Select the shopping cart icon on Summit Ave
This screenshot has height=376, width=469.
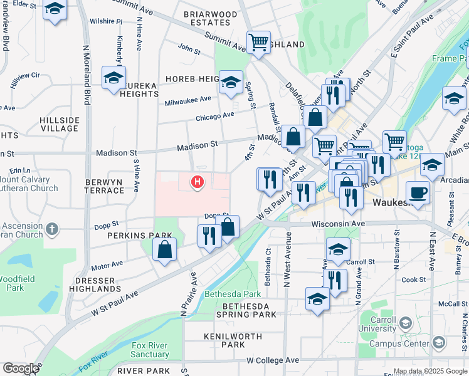coord(258,43)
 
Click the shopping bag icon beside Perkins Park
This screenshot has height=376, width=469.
coord(164,251)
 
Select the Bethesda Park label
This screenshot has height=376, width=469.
coord(233,293)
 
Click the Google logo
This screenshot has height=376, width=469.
coord(21,368)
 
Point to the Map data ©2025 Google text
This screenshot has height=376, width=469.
coord(430,371)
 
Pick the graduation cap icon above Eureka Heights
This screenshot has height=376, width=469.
coord(113,78)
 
